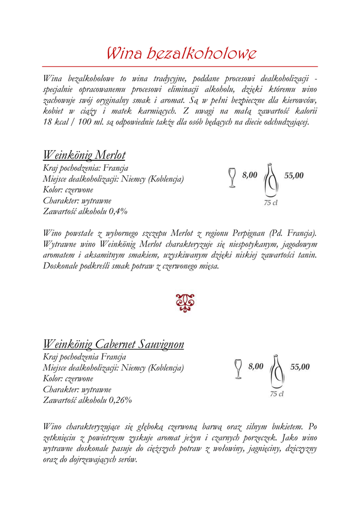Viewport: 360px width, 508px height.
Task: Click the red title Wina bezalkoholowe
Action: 182,53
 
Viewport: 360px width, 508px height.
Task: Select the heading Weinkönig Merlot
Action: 84,155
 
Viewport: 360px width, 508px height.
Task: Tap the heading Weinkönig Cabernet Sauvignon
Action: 114,344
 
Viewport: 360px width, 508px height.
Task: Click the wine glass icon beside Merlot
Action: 232,178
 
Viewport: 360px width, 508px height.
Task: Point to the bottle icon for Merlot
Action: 271,181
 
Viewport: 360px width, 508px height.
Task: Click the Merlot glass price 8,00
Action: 250,175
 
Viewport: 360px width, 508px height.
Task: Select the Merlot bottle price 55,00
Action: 293,175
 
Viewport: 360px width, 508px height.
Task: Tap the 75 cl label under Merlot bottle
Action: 271,203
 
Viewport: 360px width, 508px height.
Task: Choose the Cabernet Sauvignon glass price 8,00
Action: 256,367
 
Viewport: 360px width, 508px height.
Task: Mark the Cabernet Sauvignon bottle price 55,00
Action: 300,367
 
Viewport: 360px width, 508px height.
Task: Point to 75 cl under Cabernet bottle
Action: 277,394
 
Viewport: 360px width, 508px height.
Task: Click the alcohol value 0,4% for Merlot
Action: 118,211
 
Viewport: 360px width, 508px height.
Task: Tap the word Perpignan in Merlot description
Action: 250,233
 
